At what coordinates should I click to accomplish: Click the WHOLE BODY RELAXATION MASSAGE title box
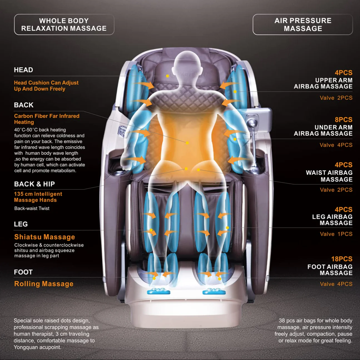[x=64, y=24]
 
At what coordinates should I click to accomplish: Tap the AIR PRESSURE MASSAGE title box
[x=303, y=24]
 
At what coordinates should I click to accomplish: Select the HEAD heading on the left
[x=24, y=70]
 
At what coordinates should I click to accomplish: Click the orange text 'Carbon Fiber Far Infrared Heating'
[x=47, y=119]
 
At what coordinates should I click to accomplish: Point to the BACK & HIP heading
[x=34, y=184]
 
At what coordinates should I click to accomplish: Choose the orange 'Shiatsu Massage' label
[x=44, y=237]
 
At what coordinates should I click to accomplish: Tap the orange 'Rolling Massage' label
[x=44, y=284]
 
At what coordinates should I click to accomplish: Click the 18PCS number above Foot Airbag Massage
[x=342, y=259]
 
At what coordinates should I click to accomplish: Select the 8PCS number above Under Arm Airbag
[x=343, y=120]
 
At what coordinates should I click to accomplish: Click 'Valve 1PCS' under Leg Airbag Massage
[x=336, y=234]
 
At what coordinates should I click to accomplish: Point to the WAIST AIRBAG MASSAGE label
[x=329, y=176]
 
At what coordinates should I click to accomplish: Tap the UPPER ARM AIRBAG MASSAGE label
[x=323, y=83]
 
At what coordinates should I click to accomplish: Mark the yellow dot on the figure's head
[x=167, y=76]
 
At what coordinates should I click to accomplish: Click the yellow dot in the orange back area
[x=187, y=143]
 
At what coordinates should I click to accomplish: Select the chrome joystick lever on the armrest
[x=252, y=124]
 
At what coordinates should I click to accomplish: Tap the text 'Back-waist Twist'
[x=32, y=208]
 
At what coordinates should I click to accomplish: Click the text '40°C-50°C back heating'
[x=40, y=130]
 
